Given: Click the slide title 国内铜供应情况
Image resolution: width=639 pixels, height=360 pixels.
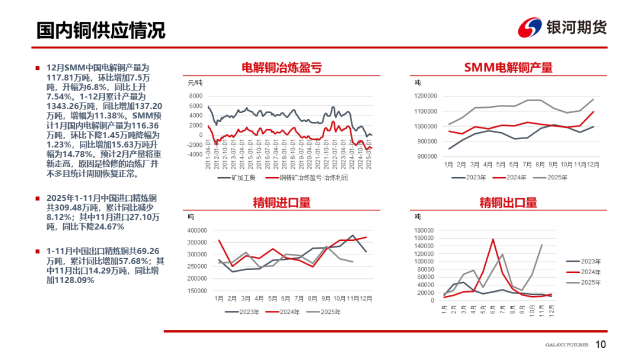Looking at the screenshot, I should (x=101, y=30).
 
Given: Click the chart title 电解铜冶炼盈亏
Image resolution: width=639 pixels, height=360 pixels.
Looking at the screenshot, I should (x=282, y=67).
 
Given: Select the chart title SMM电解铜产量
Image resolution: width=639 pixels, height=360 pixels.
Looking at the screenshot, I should (x=508, y=67).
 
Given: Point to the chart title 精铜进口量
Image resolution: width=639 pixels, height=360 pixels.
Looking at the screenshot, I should (x=282, y=202).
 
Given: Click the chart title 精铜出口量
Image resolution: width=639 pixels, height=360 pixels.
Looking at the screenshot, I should (x=508, y=202).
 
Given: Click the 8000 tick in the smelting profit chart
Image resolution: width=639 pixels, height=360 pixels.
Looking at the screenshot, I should (x=196, y=96).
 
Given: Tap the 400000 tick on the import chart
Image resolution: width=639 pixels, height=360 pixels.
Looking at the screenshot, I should (x=197, y=230).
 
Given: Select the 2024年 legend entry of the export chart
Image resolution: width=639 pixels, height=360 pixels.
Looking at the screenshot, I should (x=588, y=272).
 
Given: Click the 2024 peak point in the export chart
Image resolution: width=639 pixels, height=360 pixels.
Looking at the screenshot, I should (x=493, y=239).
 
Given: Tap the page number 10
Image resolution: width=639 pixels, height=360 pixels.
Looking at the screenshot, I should (x=601, y=345).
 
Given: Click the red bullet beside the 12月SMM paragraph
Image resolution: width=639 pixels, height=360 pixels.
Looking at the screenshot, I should (x=37, y=67).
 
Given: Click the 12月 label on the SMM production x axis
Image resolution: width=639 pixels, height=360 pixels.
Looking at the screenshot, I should (x=593, y=164).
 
